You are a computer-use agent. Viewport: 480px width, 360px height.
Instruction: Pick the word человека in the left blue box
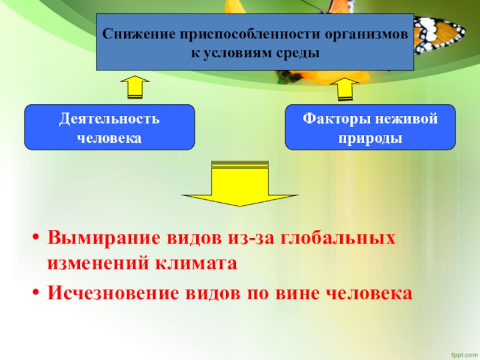coord(109,137)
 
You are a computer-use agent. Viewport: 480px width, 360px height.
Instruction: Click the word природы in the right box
coord(370,137)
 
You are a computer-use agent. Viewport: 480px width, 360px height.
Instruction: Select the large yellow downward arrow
coord(240,183)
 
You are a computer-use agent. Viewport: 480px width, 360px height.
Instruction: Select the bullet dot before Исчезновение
coord(36,293)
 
